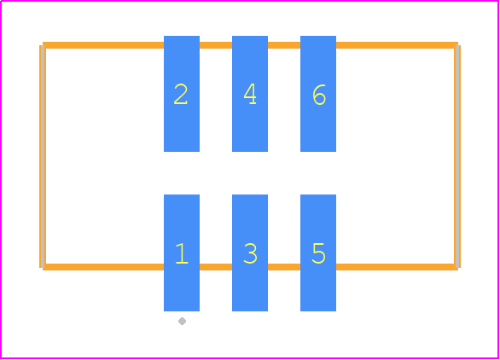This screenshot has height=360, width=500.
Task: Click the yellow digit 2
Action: point(181,94)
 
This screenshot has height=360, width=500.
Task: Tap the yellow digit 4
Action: point(250,94)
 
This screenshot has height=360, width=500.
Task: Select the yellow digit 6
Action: point(319,95)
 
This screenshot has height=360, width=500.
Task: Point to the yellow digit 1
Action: point(182,253)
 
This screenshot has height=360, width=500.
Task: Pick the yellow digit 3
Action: point(250,253)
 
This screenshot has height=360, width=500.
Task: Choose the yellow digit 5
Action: point(318,253)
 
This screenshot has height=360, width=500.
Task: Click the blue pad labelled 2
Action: point(182,94)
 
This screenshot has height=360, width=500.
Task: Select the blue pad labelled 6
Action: point(318,94)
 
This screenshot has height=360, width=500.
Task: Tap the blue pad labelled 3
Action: point(250,253)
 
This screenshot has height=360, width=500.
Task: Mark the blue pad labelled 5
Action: point(318,253)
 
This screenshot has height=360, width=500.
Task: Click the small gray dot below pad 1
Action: point(182,321)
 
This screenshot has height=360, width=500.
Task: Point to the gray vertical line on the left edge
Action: point(43,156)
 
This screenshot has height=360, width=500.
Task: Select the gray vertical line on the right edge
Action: point(457,156)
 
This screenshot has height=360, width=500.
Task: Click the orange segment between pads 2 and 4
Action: point(216,45)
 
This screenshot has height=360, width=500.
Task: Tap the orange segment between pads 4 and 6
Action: point(284,45)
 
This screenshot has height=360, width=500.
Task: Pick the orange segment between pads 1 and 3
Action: point(216,267)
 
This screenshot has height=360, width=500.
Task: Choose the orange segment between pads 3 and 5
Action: point(284,267)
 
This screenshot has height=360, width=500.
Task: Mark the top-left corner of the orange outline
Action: point(43,45)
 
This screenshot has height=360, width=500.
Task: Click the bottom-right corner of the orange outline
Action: point(457,267)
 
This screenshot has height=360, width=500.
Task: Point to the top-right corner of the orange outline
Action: point(457,45)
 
